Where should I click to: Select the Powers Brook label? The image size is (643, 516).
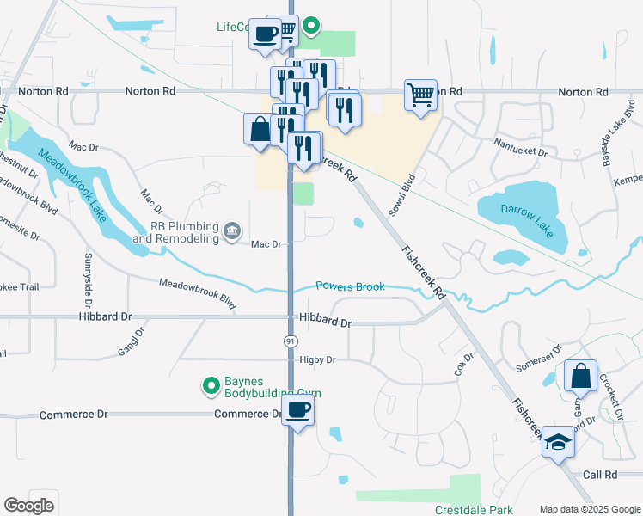tap(350, 286)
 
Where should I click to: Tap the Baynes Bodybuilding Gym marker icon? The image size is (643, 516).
tap(210, 386)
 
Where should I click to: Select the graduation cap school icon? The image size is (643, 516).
tap(558, 442)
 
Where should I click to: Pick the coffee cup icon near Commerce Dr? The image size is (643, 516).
tap(297, 410)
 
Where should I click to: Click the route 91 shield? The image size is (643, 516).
tap(291, 341)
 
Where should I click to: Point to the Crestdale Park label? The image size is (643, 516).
tap(470, 509)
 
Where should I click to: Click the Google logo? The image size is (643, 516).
tap(28, 506)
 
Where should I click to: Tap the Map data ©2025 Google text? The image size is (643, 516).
tap(590, 509)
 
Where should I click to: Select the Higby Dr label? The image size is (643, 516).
tap(317, 359)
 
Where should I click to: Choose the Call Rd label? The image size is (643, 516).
tap(600, 475)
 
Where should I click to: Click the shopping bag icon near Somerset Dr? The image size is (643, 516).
tap(580, 375)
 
